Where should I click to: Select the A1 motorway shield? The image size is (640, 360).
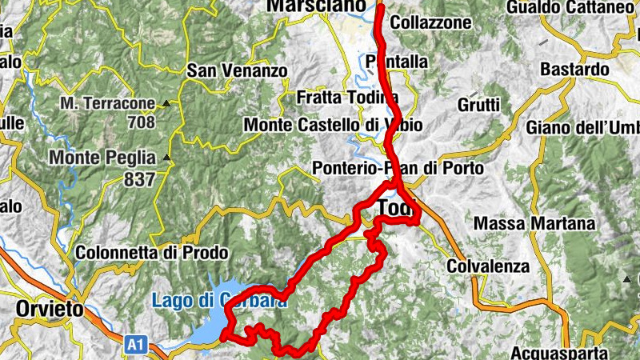pyautogui.click(x=136, y=345)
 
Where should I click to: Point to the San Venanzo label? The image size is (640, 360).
pyautogui.click(x=236, y=71)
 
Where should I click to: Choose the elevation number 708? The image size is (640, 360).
pyautogui.click(x=142, y=122)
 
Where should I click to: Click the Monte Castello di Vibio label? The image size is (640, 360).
pyautogui.click(x=333, y=125)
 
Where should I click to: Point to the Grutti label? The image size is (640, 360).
pyautogui.click(x=478, y=105)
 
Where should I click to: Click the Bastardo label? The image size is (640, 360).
pyautogui.click(x=574, y=70)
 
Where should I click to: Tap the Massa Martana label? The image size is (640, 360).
pyautogui.click(x=534, y=223)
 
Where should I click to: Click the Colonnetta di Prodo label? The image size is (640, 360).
pyautogui.click(x=151, y=253)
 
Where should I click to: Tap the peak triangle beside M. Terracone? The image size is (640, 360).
pyautogui.click(x=166, y=103)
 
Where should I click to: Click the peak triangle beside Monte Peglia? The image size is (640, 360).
pyautogui.click(x=166, y=158)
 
